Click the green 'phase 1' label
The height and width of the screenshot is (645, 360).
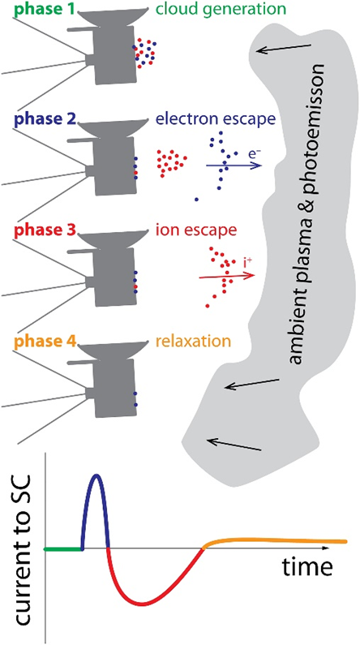tap(40, 9)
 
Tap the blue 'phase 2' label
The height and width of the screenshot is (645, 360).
tap(40, 120)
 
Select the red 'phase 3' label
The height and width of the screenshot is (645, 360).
tap(40, 230)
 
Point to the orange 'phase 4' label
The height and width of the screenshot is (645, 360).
tap(40, 341)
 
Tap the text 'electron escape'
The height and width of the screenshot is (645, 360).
tap(216, 120)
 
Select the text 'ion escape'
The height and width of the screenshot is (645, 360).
tap(196, 230)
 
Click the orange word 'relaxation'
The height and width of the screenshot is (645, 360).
tap(192, 341)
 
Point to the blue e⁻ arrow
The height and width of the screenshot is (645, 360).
tap(234, 166)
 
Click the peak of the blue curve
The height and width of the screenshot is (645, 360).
tap(96, 475)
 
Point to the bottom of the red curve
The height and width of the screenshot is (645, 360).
tap(143, 604)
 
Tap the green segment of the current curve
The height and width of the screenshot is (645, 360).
tap(63, 549)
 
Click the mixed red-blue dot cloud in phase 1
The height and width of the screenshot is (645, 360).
tap(144, 53)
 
